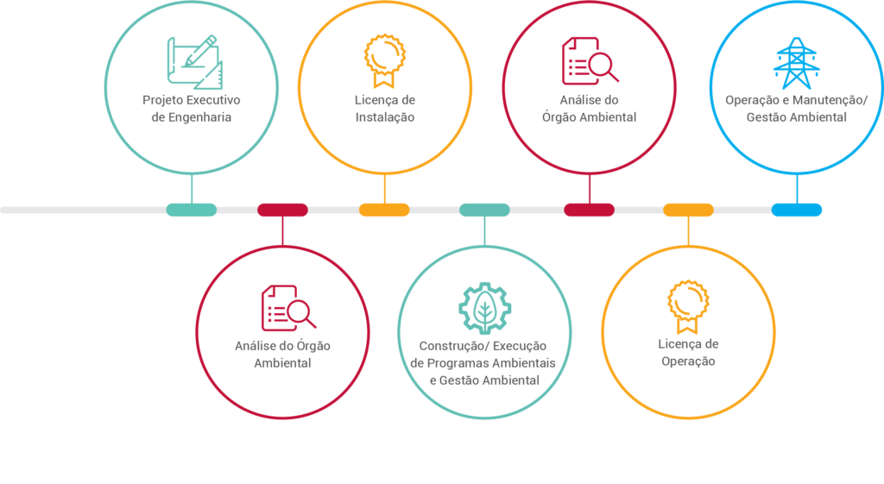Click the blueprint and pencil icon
click(x=195, y=62)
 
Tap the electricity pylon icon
click(x=796, y=63)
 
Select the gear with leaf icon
click(x=484, y=309)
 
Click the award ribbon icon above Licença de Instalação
click(x=384, y=61)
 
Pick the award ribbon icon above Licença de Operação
click(x=688, y=306)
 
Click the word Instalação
click(x=384, y=117)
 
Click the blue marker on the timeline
click(x=796, y=211)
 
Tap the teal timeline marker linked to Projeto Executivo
click(x=191, y=211)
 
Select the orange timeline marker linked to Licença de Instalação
click(x=384, y=211)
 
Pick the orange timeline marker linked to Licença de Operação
click(x=688, y=211)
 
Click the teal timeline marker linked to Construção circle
click(x=484, y=211)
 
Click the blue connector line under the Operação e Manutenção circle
click(x=797, y=189)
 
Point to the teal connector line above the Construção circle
click(x=484, y=231)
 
